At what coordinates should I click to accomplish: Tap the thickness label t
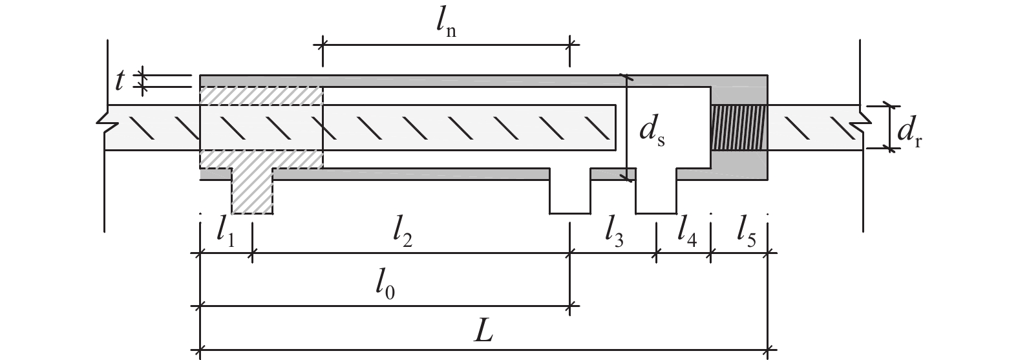(120, 81)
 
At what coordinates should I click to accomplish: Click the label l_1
(226, 232)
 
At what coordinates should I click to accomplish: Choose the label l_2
(403, 232)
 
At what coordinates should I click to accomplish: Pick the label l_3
(614, 232)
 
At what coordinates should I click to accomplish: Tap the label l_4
(687, 232)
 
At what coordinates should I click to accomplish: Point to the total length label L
(483, 332)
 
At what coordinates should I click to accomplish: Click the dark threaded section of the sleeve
(739, 128)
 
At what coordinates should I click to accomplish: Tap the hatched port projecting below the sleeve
(252, 191)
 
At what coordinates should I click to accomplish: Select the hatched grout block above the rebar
(261, 96)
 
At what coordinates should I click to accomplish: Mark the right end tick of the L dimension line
(768, 350)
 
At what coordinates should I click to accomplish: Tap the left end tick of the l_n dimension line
(323, 45)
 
